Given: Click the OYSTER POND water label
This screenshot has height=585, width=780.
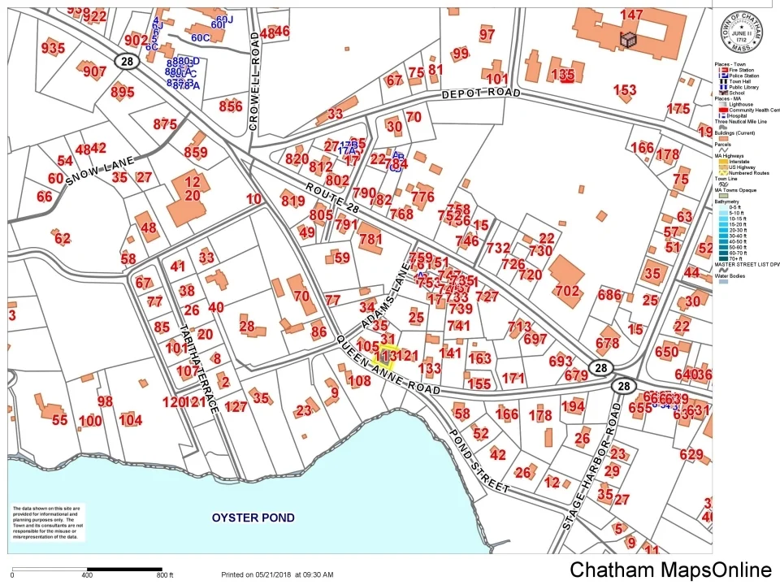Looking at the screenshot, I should coord(253,518).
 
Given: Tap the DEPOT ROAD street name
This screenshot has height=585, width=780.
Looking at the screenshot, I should coord(481,94).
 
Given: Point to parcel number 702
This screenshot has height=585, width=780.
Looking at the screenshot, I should coord(566,291).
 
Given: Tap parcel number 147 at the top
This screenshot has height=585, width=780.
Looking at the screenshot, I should coord(631,15).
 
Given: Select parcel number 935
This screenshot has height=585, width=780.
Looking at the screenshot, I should coord(53,49).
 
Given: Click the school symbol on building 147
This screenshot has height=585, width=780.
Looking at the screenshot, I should coord(629,39).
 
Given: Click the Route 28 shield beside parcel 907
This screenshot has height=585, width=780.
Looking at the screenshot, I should coord(124,62).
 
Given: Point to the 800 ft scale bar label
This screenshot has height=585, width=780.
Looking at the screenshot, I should coord(165,575).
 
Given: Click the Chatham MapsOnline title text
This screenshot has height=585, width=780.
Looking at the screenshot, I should coord(670,570).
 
